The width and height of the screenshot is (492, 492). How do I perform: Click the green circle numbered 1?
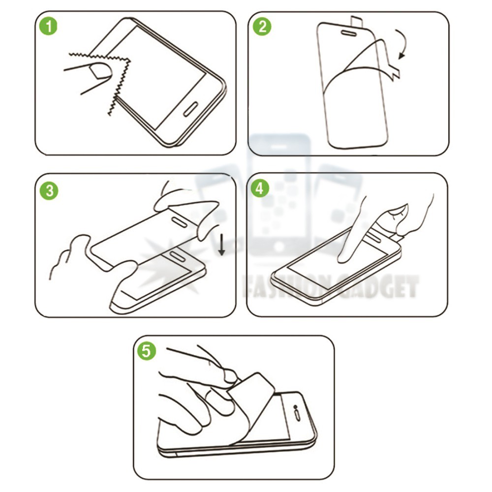[x=49, y=26]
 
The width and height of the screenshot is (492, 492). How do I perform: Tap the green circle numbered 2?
[x=262, y=27]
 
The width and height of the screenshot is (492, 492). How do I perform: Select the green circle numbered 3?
[x=49, y=190]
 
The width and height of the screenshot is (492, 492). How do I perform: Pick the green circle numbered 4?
[x=260, y=188]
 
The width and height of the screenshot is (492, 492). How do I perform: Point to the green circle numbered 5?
[x=147, y=350]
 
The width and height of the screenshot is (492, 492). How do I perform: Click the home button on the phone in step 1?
[x=190, y=109]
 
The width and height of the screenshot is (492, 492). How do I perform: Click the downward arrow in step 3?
[x=221, y=245]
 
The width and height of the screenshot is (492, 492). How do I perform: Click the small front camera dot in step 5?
[x=295, y=407]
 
